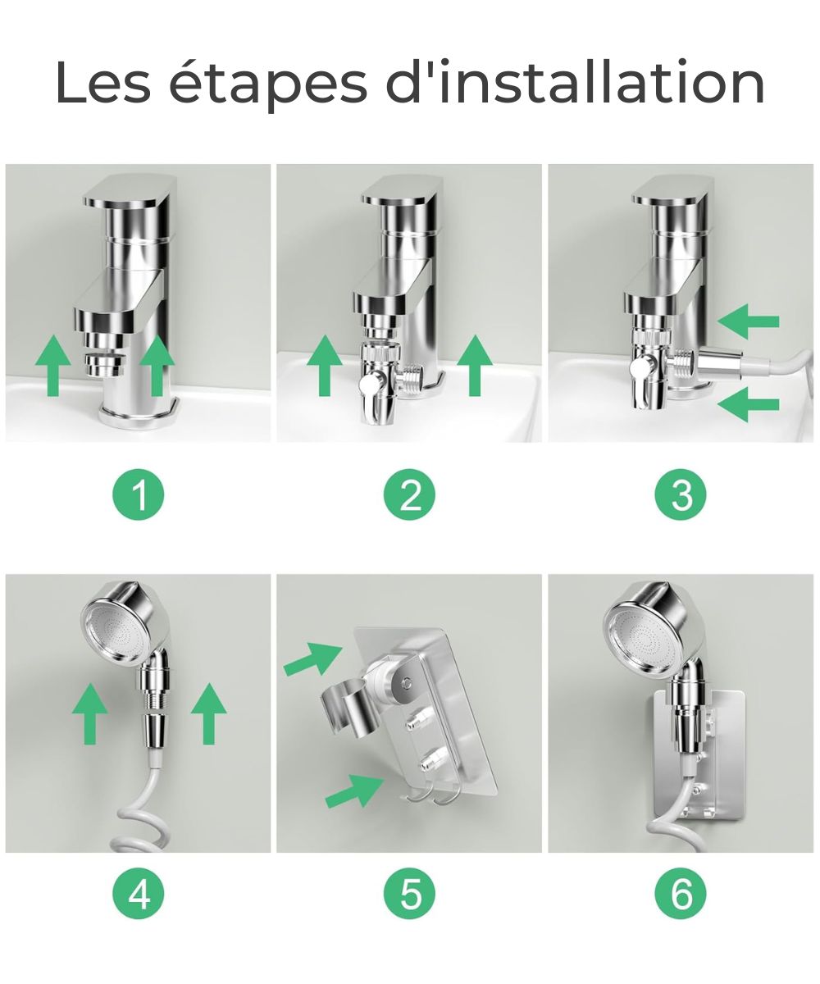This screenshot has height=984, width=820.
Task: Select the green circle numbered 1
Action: (139, 495)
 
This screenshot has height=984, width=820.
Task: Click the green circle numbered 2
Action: (410, 495)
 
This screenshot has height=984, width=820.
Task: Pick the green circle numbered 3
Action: (681, 495)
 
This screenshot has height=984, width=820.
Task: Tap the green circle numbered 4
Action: (139, 894)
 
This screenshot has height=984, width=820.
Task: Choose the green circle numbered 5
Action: (410, 894)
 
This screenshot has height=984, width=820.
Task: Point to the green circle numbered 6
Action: (681, 894)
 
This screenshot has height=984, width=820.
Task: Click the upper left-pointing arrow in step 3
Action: (747, 321)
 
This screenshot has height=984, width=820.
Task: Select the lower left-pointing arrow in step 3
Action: (747, 404)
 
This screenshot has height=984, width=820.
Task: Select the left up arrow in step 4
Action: (89, 713)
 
